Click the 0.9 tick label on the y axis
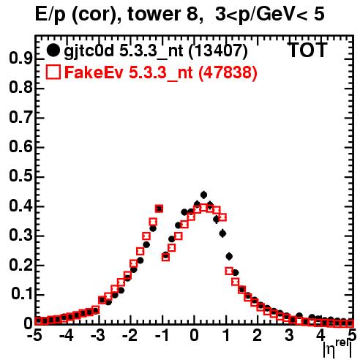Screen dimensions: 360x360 (x=20, y=59)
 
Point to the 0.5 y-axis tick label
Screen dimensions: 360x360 (x=20, y=176)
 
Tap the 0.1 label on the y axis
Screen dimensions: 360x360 (x=23, y=294)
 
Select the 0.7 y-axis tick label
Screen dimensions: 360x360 (x=20, y=118)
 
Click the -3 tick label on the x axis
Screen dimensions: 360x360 (x=98, y=335)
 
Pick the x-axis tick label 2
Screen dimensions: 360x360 (x=258, y=335)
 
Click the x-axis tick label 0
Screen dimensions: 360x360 (x=194, y=335)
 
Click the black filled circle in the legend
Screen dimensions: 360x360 (x=53, y=50)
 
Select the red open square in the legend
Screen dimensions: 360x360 (x=53, y=72)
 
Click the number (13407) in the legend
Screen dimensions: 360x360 (x=218, y=51)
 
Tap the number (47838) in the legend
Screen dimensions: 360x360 (x=228, y=72)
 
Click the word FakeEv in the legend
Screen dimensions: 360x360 (x=94, y=72)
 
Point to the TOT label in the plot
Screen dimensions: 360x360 (x=308, y=50)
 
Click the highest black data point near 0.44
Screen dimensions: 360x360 (x=203, y=195)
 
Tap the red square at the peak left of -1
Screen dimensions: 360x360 (x=159, y=209)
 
